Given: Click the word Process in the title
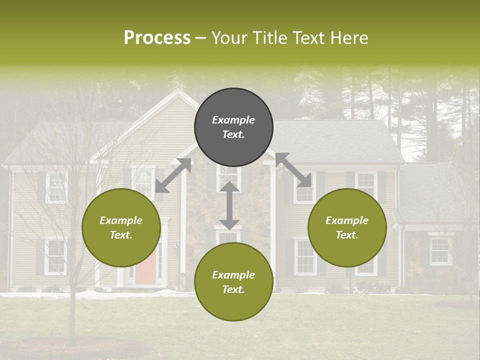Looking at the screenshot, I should coord(157,38).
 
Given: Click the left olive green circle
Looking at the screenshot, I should coord(121,227).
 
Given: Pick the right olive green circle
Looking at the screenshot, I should coord(347,227).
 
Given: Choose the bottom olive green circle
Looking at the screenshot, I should coord(233,282).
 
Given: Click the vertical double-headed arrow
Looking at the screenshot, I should coord(229,205).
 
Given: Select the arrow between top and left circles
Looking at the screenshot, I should coord(173,175).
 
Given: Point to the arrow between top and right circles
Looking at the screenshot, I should coord(293,170).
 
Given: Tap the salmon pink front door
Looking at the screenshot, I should coord(145,265).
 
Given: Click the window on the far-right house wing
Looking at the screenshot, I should coord(439,250).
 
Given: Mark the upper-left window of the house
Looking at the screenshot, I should coord(56,187).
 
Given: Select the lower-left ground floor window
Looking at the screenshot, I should coord(55,256).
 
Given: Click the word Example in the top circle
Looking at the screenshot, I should coord(233,120).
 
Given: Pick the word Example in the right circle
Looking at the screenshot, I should coord(347,220).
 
